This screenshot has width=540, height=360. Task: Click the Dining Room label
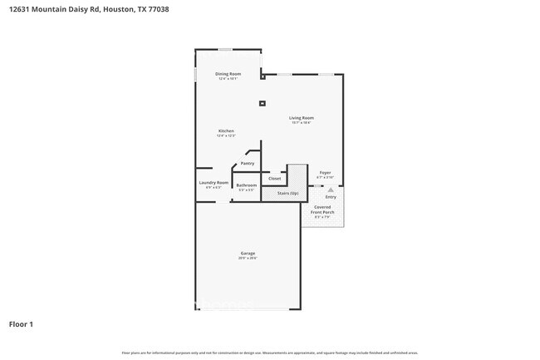click(228, 74)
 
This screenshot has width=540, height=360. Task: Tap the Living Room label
click(301, 117)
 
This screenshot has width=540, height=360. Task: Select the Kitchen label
click(226, 131)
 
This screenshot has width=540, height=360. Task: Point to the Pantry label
click(247, 163)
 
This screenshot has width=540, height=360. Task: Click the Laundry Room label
click(214, 182)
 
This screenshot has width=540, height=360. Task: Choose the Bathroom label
click(246, 185)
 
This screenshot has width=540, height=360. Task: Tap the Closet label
click(274, 179)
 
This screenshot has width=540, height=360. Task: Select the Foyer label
click(325, 173)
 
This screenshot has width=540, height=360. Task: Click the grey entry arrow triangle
click(330, 190)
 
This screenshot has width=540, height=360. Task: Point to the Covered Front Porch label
click(324, 210)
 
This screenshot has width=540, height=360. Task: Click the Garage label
click(248, 253)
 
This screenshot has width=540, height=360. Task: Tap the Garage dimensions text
click(248, 259)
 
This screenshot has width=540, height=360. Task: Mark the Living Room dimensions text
click(301, 123)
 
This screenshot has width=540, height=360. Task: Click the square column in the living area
click(263, 103)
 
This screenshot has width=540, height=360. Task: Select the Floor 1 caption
click(22, 323)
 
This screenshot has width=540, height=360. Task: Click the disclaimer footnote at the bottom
click(270, 353)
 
